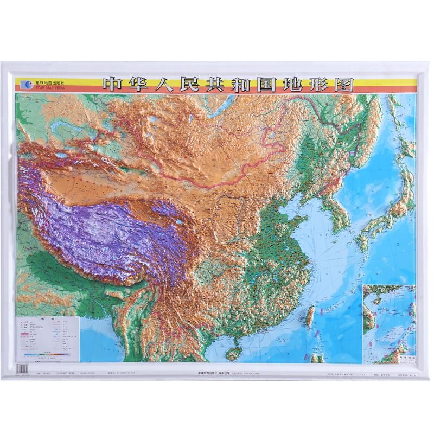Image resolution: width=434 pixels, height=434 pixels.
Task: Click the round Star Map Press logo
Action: pyautogui.click(x=26, y=84)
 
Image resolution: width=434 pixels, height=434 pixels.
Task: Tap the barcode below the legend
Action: pyautogui.click(x=22, y=368)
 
